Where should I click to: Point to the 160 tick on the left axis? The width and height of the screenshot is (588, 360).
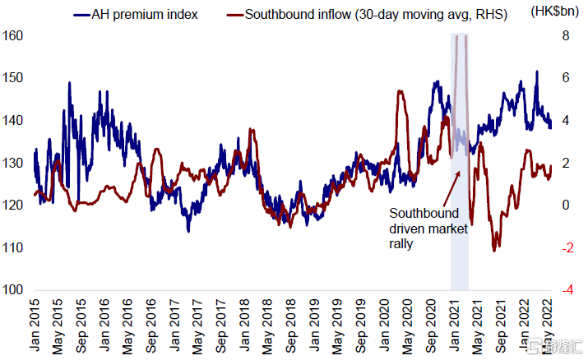[14, 36]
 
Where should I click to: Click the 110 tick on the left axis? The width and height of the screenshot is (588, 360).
[14, 247]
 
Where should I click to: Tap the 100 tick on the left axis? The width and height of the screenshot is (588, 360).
[14, 290]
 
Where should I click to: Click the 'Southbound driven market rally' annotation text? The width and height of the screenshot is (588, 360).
[428, 228]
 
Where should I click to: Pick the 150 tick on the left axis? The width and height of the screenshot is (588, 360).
[14, 78]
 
